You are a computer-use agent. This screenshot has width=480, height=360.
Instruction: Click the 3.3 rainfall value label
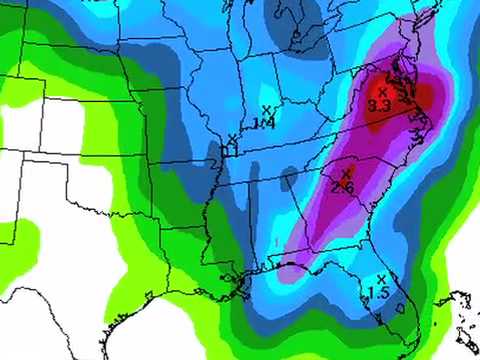[379, 104]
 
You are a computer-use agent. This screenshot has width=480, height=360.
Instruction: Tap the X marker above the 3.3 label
[382, 92]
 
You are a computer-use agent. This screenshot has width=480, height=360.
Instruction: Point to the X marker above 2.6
[345, 174]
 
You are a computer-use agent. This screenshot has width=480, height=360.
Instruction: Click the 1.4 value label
[264, 123]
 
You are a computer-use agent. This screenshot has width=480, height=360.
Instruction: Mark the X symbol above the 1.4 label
[266, 109]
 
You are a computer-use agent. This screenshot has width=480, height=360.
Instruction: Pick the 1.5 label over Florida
[378, 293]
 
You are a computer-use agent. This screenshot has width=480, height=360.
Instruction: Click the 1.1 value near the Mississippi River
[229, 151]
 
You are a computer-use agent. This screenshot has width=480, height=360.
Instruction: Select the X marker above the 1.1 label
[232, 138]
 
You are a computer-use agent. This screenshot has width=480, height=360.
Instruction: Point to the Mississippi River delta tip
[243, 291]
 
